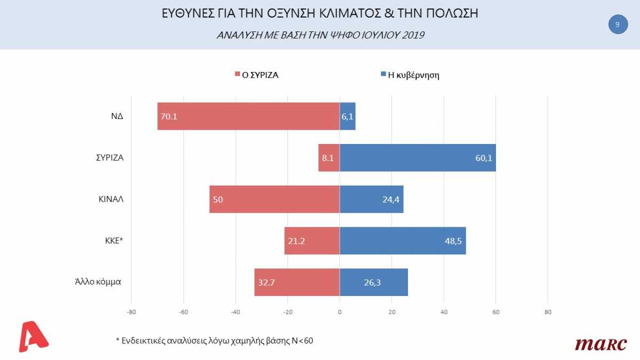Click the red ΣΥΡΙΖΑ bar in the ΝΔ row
249,116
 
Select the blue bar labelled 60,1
418,158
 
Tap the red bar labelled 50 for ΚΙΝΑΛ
275,199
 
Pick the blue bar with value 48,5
403,241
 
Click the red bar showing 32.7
297,283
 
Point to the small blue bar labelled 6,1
347,116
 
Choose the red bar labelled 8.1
329,158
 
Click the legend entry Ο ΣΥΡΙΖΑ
257,75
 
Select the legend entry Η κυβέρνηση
410,75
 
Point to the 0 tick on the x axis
340,313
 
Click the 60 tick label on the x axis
495,313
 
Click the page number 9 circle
618,25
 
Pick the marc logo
601,344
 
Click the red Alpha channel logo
33,336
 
